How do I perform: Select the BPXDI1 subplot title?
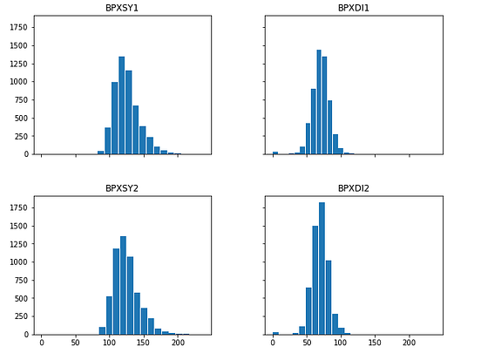[x=353, y=9]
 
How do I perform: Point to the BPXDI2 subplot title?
[x=353, y=189]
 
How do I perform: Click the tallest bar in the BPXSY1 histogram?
[x=122, y=105]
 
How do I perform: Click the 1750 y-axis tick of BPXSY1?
[x=18, y=27]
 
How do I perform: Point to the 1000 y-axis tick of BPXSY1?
[x=18, y=81]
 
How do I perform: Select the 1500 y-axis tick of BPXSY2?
[x=18, y=225]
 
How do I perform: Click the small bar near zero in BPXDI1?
[x=275, y=153]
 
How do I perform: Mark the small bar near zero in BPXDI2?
[x=275, y=333]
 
